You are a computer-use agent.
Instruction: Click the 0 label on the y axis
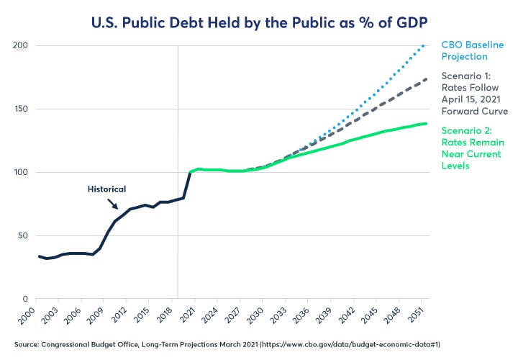[24, 299]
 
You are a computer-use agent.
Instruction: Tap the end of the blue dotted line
[425, 45]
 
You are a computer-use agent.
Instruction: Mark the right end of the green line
[427, 124]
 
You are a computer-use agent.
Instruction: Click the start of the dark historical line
[38, 256]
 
